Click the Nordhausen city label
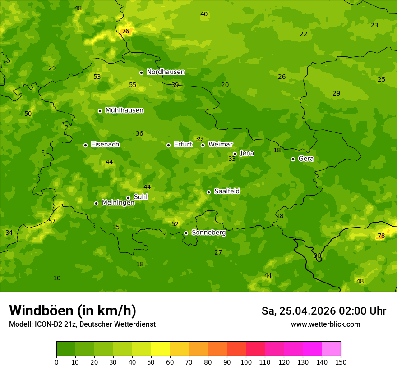pos(166,72)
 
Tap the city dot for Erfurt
pos(168,145)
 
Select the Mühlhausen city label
pos(124,110)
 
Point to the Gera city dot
pos(293,159)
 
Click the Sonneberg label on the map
pos(208,233)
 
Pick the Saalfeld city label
pos(226,191)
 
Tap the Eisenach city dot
pos(85,145)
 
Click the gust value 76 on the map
pos(125,31)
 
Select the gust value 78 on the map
pos(381,236)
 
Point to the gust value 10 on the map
pos(57,278)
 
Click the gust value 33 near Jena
pos(232,159)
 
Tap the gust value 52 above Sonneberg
pos(175,224)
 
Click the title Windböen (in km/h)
pos(73,310)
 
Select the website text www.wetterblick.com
pos(325,324)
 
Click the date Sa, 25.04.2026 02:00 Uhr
pos(323,311)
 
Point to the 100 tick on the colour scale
pos(246,362)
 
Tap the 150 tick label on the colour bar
pos(340,362)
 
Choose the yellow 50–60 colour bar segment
pos(161,349)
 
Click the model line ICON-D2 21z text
pos(82,324)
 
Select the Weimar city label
pos(220,144)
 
